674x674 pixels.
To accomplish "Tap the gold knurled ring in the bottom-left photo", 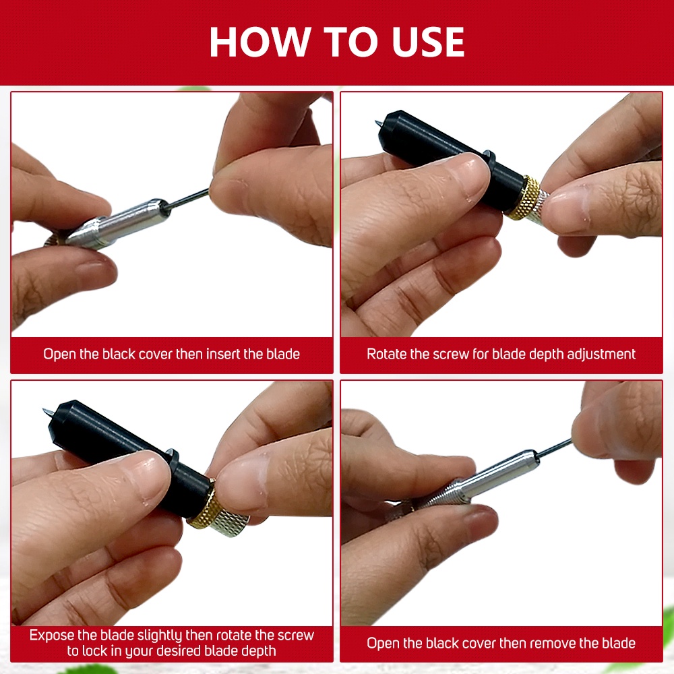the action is pos(202,503).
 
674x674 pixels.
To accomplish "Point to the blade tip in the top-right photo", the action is pos(376,123).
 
